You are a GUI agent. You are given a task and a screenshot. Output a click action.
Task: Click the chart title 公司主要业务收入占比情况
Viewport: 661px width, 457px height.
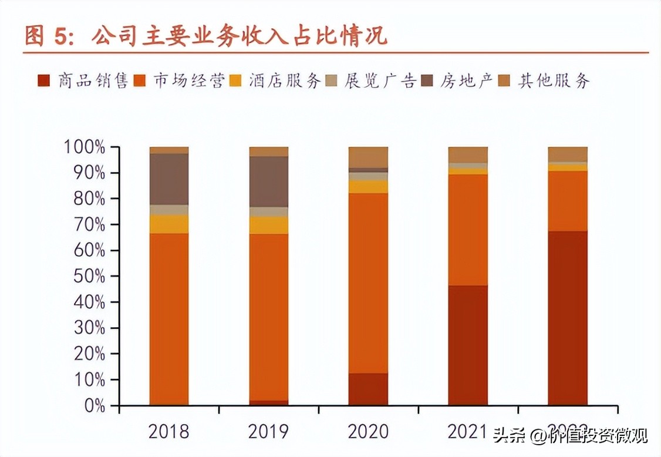click(239, 36)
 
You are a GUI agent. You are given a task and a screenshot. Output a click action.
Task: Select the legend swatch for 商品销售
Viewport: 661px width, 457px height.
click(43, 81)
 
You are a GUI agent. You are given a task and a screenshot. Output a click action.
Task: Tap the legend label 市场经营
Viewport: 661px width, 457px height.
click(189, 81)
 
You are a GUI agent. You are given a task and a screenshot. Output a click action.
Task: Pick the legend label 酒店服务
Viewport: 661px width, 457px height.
click(285, 81)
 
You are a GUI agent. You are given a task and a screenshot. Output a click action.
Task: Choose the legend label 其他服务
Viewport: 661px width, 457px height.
click(554, 81)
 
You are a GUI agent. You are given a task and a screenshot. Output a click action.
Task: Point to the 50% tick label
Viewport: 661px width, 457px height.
click(88, 276)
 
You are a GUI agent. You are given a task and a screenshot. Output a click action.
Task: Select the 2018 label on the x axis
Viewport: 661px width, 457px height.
click(168, 432)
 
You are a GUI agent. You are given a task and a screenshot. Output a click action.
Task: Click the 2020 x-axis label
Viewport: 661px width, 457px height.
click(368, 432)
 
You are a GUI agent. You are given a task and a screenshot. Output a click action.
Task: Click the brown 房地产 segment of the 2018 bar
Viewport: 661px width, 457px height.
click(169, 179)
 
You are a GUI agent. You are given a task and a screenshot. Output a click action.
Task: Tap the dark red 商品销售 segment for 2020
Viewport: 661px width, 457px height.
click(368, 389)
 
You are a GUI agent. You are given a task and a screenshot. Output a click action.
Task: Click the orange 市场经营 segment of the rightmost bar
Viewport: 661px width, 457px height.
click(568, 201)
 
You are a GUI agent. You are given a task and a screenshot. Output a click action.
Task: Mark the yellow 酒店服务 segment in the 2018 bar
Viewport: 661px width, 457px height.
click(169, 224)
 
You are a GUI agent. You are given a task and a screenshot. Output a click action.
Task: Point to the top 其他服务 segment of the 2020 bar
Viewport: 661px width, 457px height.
click(368, 157)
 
